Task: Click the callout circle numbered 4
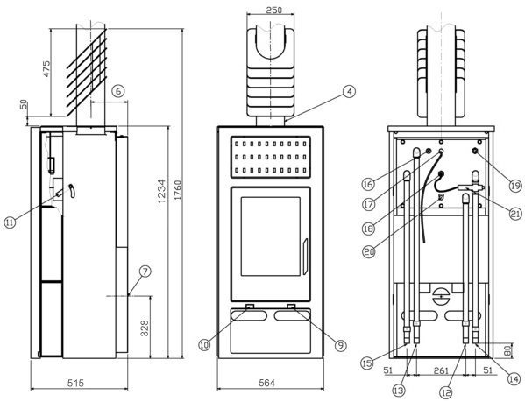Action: point(349,92)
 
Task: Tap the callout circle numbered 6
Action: point(117,90)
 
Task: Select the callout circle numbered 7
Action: point(145,272)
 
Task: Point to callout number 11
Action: point(10,222)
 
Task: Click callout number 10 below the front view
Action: point(204,344)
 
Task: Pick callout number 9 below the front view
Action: point(340,345)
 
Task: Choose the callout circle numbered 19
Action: point(515,185)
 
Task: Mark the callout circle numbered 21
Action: point(515,214)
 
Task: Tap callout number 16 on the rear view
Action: point(368,184)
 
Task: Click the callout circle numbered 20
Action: point(369,252)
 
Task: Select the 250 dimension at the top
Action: point(273,10)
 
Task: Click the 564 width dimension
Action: point(266,383)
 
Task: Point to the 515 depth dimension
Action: point(75,383)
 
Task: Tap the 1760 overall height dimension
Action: point(177,190)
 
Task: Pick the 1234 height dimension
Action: point(162,192)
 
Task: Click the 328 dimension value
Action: point(144,328)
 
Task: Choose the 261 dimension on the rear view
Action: point(441,370)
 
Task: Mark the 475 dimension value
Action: point(46,68)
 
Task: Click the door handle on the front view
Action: point(305,257)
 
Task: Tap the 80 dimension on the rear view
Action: point(508,350)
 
